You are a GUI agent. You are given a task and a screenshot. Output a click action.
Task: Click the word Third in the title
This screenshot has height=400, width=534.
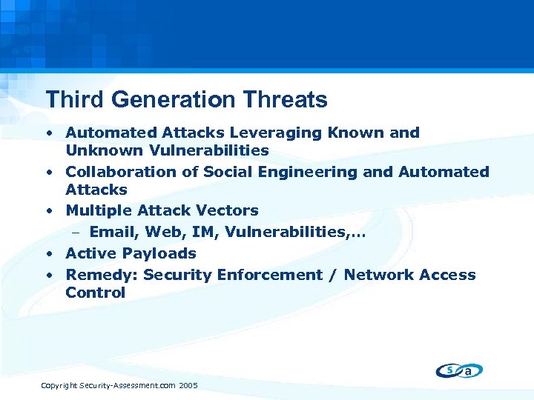(67, 99)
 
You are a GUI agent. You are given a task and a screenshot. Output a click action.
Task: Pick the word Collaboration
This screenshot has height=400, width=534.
(116, 172)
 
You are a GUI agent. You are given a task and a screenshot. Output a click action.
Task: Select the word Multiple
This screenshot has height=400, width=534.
(96, 210)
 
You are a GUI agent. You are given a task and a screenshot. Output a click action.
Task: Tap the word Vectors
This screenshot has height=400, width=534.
(226, 210)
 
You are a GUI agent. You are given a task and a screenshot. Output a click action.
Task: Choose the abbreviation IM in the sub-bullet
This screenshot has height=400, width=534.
(202, 233)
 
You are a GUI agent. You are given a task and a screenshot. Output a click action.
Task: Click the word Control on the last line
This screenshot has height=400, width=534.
(95, 293)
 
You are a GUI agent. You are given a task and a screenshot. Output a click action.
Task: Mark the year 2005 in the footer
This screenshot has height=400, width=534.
(188, 386)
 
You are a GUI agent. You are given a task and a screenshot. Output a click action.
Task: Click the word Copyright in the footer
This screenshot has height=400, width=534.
(59, 386)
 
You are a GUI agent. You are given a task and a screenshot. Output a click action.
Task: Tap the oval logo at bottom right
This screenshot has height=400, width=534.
(459, 370)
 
